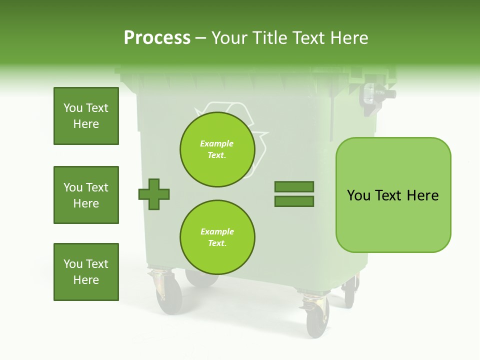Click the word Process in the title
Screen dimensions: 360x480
click(x=157, y=38)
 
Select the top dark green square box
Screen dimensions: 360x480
click(x=86, y=116)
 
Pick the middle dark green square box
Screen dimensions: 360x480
click(x=86, y=195)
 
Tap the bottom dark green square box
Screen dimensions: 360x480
click(x=86, y=272)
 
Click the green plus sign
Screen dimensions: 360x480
click(x=154, y=193)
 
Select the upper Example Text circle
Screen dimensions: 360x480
click(x=217, y=149)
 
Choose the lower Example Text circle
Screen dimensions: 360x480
click(x=217, y=237)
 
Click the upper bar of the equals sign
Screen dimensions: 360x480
click(x=294, y=186)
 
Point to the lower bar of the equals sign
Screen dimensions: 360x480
click(x=294, y=201)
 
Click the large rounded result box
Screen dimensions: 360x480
click(x=393, y=195)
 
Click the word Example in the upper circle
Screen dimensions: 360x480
click(x=216, y=143)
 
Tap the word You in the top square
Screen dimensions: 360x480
click(x=72, y=108)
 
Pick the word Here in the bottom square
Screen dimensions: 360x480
click(x=86, y=280)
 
